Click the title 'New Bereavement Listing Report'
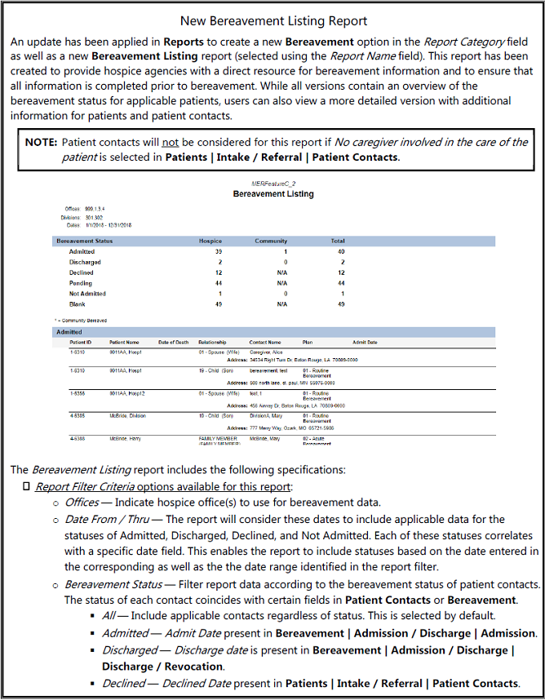(272, 20)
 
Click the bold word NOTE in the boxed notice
(41, 142)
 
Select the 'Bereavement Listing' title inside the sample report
(272, 194)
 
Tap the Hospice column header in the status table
(210, 241)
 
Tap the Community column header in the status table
(272, 241)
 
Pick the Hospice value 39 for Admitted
(219, 252)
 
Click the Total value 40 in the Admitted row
(341, 252)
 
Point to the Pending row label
(81, 282)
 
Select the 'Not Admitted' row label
(87, 293)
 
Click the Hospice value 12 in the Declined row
(219, 272)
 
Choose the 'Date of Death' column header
(173, 342)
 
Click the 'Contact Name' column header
(264, 342)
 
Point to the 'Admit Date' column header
(365, 342)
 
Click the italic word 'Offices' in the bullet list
(82, 503)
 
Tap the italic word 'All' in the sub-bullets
(109, 617)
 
